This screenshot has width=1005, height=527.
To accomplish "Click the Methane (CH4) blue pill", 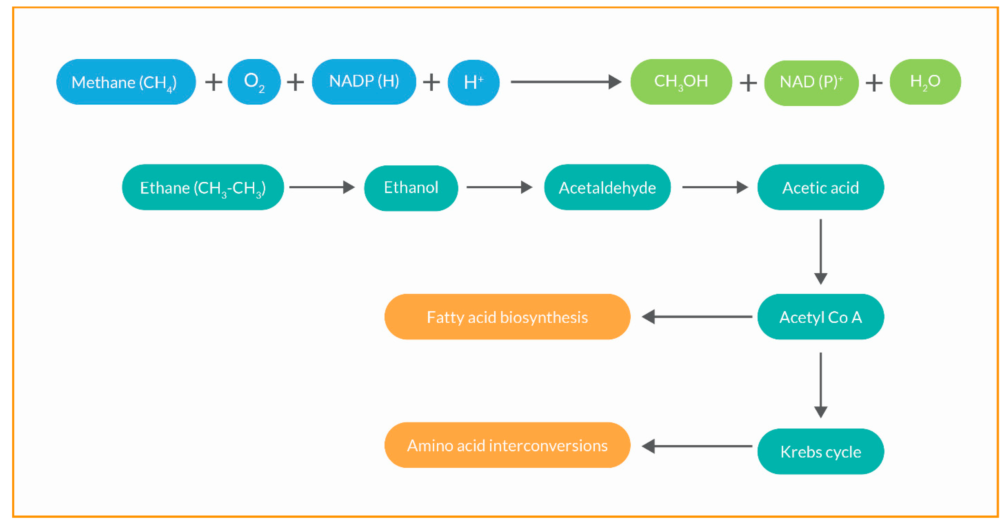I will click(x=126, y=82).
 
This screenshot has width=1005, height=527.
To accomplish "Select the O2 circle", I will click(x=254, y=82).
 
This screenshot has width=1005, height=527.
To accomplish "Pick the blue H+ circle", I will click(x=473, y=82).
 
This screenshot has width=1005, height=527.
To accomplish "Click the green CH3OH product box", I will click(x=681, y=82).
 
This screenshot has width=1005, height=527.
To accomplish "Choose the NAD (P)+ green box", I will click(x=811, y=83).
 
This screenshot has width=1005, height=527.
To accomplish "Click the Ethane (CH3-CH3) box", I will click(x=203, y=188).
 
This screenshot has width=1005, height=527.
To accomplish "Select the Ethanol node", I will click(x=411, y=188).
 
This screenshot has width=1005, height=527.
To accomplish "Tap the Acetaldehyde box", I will click(x=607, y=188).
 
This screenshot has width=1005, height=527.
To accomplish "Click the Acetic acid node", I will click(x=820, y=188).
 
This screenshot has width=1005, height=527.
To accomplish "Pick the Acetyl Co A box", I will click(x=820, y=317).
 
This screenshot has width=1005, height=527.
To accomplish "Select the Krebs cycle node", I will click(x=820, y=451).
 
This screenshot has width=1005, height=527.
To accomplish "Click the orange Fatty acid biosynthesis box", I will click(x=507, y=317).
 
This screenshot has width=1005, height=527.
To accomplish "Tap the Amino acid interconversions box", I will click(x=507, y=445).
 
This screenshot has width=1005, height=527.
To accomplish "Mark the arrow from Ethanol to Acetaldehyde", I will click(x=499, y=187).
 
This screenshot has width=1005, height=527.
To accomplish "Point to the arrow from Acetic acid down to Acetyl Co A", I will click(x=820, y=251).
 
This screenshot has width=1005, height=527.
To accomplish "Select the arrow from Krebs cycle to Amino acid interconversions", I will click(x=697, y=446).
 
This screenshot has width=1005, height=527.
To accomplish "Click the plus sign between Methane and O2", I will click(x=214, y=82).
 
